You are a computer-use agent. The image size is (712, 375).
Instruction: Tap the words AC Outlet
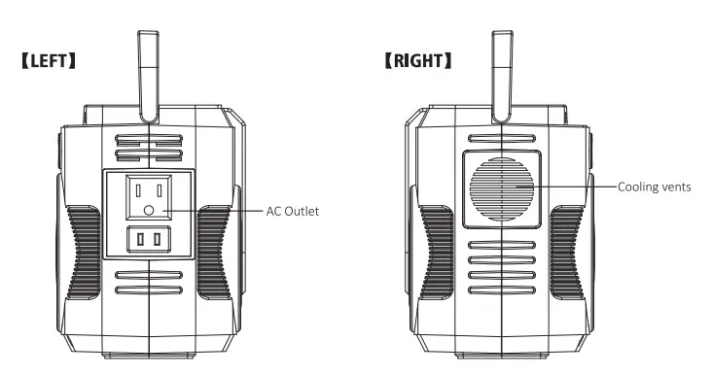coord(293,210)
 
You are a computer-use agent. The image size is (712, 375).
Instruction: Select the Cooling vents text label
coord(655,187)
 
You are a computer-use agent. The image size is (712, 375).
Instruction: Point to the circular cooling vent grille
coord(503,186)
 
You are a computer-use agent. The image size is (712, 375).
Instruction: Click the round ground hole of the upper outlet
coord(149,210)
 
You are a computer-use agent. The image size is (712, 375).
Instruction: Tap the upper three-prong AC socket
coord(149,197)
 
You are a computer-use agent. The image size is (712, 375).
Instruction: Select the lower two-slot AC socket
coord(149,239)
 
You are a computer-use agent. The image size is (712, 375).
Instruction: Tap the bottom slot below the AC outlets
coord(149,290)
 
